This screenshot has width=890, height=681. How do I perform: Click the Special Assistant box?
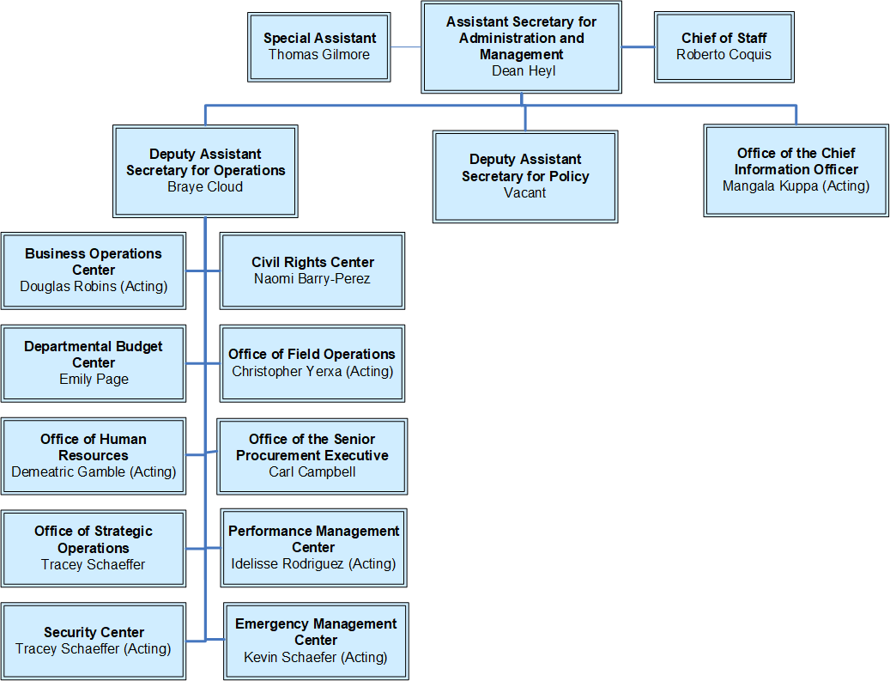pyautogui.click(x=319, y=46)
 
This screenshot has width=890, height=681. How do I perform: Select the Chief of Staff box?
pyautogui.click(x=724, y=46)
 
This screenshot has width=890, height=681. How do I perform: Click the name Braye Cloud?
pyautogui.click(x=205, y=187)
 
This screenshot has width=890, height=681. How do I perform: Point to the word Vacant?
pyautogui.click(x=525, y=192)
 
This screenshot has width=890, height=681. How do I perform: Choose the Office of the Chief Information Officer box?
pyautogui.click(x=796, y=170)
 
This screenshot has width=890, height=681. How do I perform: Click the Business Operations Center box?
pyautogui.click(x=94, y=270)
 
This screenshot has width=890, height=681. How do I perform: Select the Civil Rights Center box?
pyautogui.click(x=312, y=270)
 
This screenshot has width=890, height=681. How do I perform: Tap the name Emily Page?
pyautogui.click(x=94, y=379)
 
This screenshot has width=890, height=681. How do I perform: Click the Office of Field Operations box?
pyautogui.click(x=312, y=362)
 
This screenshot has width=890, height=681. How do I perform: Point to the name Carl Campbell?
pyautogui.click(x=312, y=471)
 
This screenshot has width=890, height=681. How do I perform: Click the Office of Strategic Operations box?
pyautogui.click(x=94, y=548)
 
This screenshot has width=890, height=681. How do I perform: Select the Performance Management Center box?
pyautogui.click(x=313, y=547)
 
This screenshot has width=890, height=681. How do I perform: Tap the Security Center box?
pyautogui.click(x=94, y=641)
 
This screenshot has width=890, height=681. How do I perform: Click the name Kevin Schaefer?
pyautogui.click(x=290, y=657)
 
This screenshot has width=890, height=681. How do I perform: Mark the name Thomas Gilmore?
pyautogui.click(x=319, y=55)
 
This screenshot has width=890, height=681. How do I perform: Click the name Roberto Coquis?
pyautogui.click(x=724, y=55)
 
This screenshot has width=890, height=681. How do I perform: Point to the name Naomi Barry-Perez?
pyautogui.click(x=312, y=278)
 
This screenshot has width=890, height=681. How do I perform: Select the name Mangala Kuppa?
pyautogui.click(x=770, y=185)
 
